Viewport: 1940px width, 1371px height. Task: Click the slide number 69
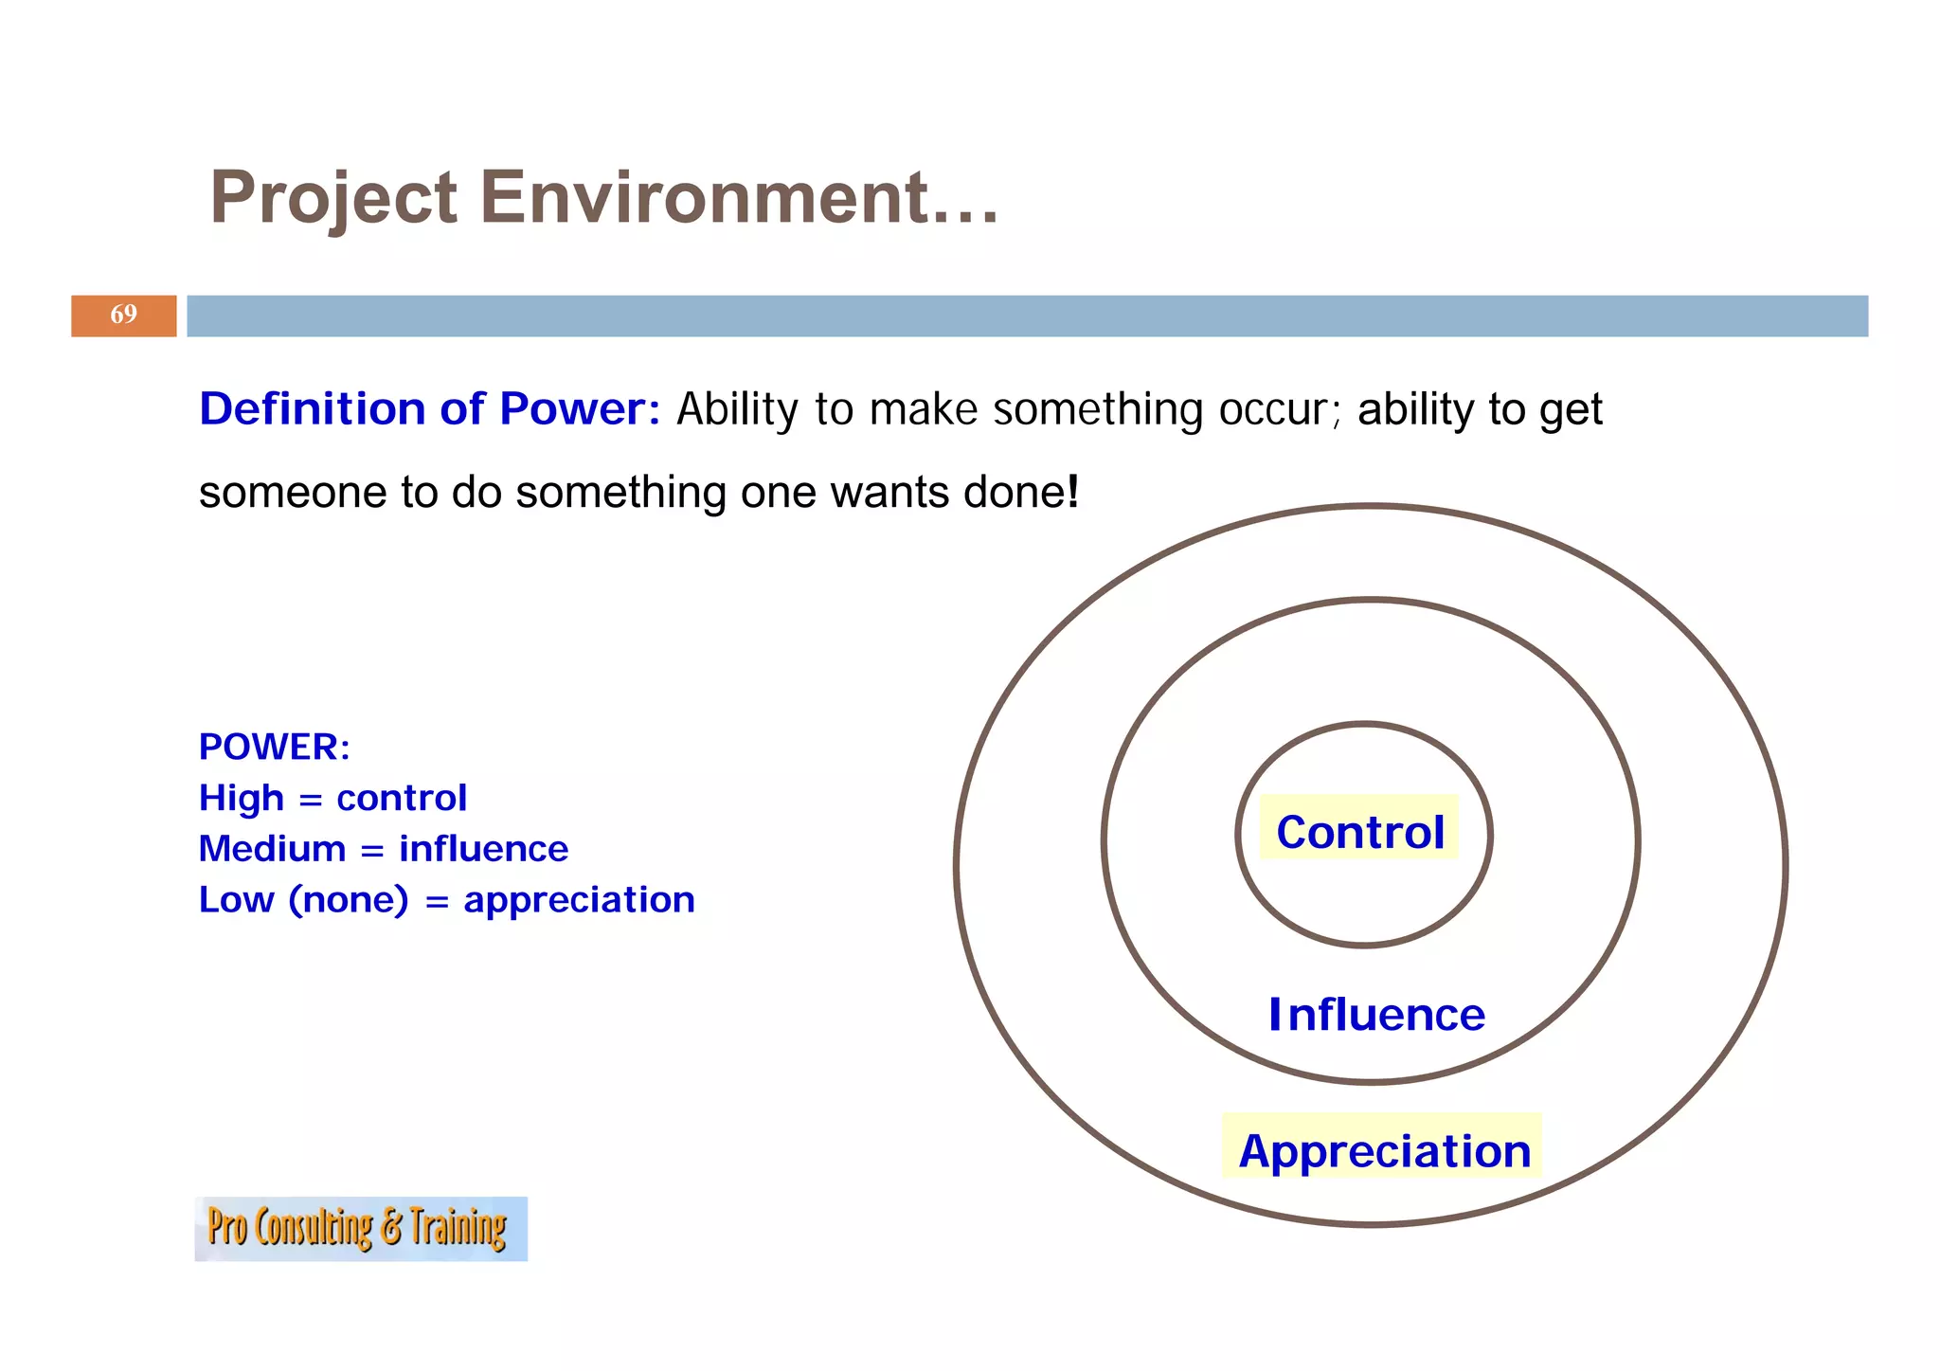tap(123, 315)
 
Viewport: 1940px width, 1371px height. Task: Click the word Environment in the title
tap(738, 197)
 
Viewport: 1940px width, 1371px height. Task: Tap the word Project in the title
tap(333, 199)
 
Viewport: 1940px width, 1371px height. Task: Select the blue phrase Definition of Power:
tap(429, 409)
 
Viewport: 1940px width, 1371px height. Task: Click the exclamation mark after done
tap(1073, 492)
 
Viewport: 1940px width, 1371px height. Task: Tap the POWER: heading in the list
tap(274, 747)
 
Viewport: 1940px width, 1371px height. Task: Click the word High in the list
tap(241, 798)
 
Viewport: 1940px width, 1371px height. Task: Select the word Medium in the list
tap(272, 849)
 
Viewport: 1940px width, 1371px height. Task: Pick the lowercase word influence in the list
tap(483, 849)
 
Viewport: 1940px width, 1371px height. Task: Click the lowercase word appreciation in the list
tap(579, 900)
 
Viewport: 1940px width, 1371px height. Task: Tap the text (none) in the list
tap(349, 900)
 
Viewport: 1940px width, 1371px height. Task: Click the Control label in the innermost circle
tap(1359, 832)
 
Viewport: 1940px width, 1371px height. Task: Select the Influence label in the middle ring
tap(1376, 1015)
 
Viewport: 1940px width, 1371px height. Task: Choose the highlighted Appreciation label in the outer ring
tap(1384, 1150)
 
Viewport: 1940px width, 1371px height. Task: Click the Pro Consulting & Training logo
tap(360, 1228)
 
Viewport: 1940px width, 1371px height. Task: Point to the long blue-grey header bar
tap(1027, 316)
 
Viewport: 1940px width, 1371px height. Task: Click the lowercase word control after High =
tap(402, 798)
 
